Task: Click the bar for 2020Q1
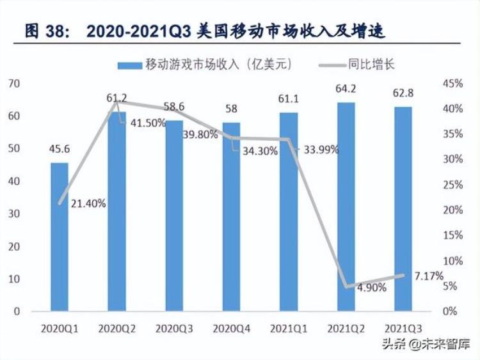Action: point(60,237)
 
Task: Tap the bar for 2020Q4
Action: point(232,217)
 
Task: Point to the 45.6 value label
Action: point(60,150)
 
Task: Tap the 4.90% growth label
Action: point(371,288)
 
